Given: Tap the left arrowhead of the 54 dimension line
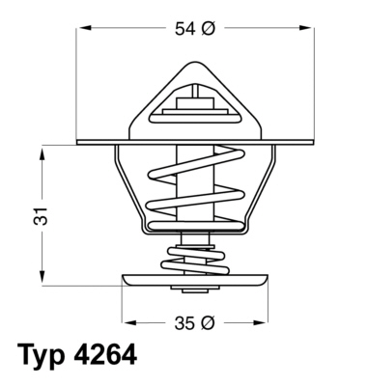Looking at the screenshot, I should (81, 29).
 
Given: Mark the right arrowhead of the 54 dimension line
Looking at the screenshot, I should (311, 29).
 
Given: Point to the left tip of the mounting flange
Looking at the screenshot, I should (78, 142).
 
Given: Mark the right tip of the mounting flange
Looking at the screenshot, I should (314, 142).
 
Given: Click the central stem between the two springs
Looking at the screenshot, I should (194, 239).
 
